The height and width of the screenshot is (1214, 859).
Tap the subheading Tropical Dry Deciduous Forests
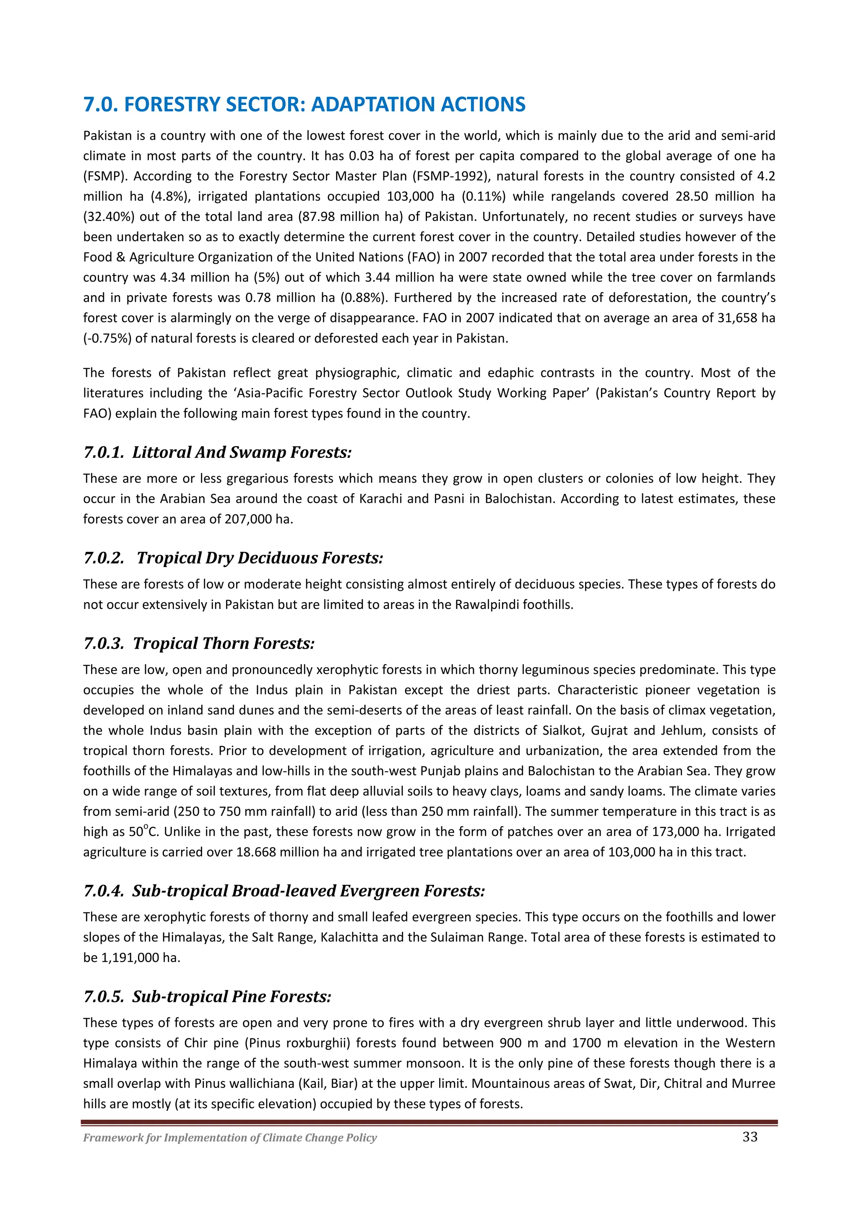pos(233,558)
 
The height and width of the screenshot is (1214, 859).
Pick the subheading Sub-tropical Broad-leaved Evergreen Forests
pos(284,891)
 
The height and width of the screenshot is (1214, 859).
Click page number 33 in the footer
pos(750,1137)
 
